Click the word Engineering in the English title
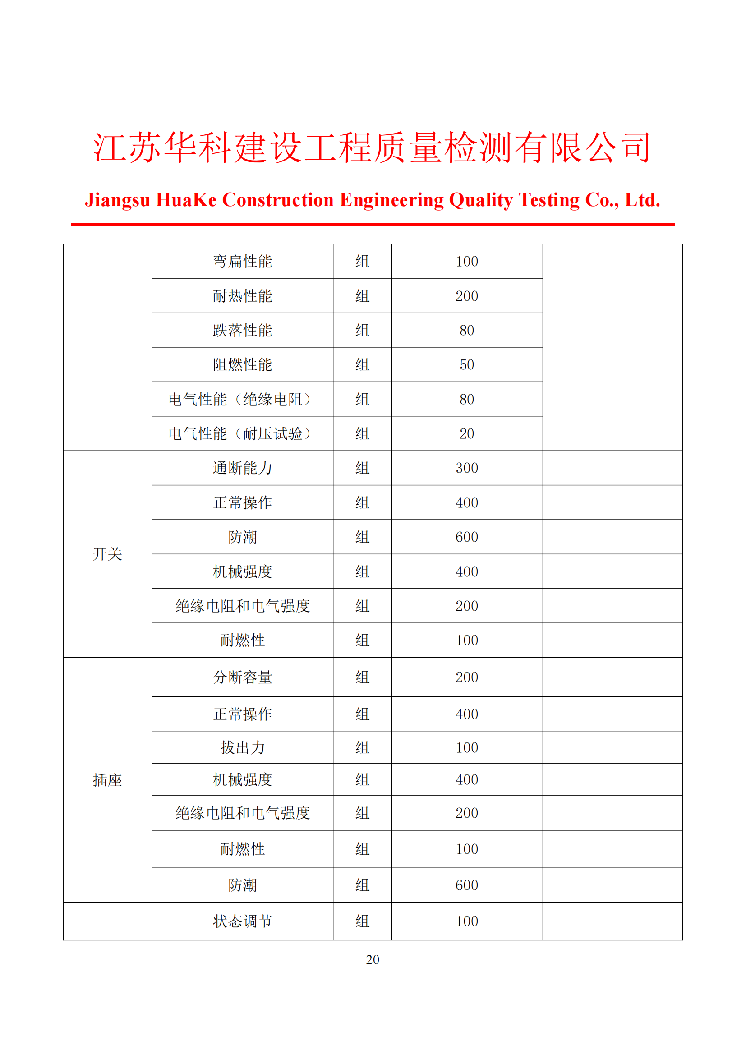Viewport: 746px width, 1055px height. pos(391,200)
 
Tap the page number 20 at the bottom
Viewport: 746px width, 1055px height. pos(373,959)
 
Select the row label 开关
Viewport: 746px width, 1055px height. pos(107,554)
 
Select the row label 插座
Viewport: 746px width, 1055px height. pos(107,780)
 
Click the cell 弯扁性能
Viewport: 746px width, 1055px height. pos(243,262)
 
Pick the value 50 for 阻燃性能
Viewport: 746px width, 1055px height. pos(467,365)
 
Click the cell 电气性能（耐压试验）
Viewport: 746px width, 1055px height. pos(243,434)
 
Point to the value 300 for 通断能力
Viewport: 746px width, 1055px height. pos(467,468)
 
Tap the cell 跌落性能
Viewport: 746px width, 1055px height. pos(243,330)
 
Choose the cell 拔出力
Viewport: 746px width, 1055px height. pos(243,747)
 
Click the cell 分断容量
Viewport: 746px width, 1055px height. pos(243,677)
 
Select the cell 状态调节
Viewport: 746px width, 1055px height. pos(243,921)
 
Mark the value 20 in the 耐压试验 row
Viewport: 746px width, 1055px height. pos(467,434)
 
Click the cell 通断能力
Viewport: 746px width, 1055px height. pos(243,468)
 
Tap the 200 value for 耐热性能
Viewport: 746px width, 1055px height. pos(467,296)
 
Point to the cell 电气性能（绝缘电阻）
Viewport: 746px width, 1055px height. pos(243,399)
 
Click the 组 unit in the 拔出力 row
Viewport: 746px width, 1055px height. pos(363,747)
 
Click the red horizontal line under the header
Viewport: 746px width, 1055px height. pos(373,224)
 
